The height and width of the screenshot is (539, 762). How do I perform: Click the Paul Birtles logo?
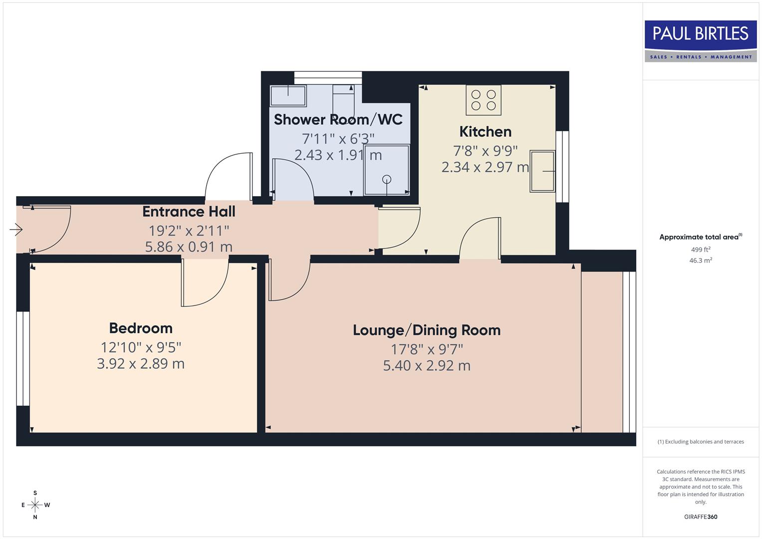(x=701, y=41)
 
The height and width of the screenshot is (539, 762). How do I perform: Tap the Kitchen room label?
(x=485, y=132)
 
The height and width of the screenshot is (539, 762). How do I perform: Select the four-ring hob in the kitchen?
(x=484, y=99)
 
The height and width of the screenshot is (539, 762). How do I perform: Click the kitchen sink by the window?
(x=542, y=171)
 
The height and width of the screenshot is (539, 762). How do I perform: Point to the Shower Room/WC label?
(x=338, y=120)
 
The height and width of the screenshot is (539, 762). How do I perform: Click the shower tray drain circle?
(x=387, y=179)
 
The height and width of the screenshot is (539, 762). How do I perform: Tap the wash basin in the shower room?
(x=288, y=95)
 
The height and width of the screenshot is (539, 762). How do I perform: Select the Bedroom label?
(x=141, y=328)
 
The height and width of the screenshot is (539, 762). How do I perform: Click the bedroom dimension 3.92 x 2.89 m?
(x=141, y=364)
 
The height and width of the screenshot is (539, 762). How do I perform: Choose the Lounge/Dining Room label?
(x=427, y=330)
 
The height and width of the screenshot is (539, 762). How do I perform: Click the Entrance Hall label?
(x=189, y=212)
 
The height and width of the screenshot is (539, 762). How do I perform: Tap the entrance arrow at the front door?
(x=16, y=230)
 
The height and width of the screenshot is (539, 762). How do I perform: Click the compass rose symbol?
(x=35, y=505)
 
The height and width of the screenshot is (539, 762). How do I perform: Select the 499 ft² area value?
(x=701, y=250)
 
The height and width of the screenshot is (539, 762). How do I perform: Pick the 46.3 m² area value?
(x=701, y=260)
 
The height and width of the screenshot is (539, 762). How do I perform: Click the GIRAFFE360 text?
(x=701, y=517)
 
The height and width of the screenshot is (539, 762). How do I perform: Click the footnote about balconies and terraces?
(x=701, y=442)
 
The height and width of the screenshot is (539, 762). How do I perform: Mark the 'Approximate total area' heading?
(x=700, y=237)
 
